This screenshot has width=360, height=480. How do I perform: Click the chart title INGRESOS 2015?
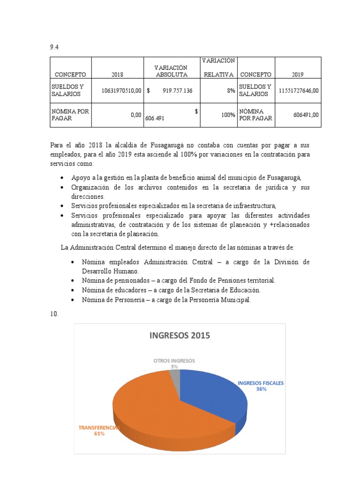(x=180, y=335)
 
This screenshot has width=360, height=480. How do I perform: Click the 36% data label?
(x=261, y=389)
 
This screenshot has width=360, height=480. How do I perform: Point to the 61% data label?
(x=99, y=434)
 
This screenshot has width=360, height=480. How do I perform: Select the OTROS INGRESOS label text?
(x=174, y=361)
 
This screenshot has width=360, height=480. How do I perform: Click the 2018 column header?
(x=117, y=74)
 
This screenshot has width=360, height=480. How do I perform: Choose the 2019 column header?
(x=298, y=74)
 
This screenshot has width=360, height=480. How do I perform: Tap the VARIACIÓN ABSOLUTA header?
(x=172, y=71)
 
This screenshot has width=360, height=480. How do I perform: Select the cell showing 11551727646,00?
(x=299, y=90)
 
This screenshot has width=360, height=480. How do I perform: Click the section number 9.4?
(x=53, y=47)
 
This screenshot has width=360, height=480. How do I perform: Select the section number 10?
(x=53, y=314)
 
